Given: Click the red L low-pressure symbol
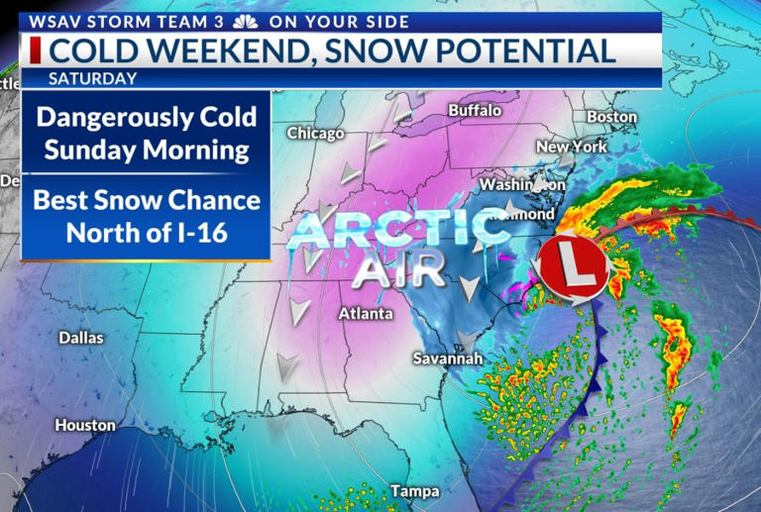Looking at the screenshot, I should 572,267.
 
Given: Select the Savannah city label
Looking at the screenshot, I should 448,358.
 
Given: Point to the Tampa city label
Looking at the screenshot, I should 414,490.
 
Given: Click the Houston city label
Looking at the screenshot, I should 85,426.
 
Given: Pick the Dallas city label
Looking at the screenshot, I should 81,338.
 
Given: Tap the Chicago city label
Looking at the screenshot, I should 315,133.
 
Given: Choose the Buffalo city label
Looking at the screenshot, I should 475,111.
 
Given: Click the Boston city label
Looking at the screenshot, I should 611,117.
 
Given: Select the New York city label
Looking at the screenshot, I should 571,147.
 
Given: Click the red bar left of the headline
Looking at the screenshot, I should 35,51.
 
